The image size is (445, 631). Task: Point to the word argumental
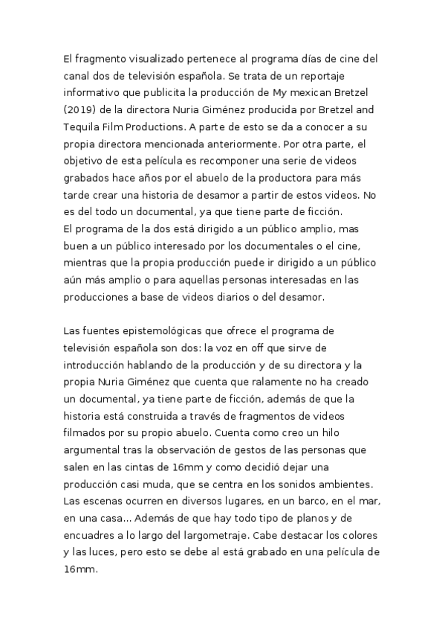click(96, 449)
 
